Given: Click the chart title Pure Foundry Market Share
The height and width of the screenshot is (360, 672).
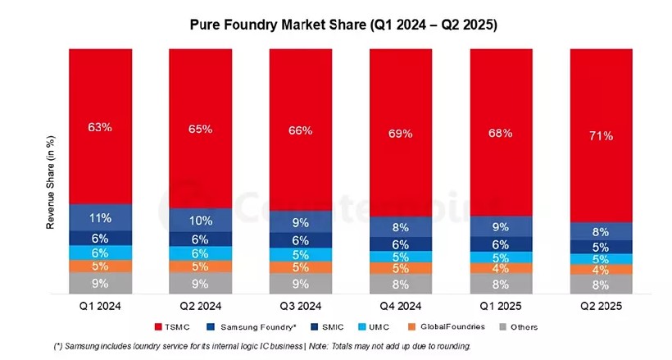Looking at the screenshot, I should tap(343, 25).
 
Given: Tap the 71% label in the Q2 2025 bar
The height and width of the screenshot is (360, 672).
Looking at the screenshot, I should tap(601, 135).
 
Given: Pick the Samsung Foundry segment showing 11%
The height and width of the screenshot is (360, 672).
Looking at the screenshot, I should tap(101, 217).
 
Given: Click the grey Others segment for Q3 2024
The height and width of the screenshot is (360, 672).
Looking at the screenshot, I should tap(301, 284).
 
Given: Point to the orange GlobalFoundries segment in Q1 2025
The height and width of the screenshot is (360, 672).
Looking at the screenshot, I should tap(501, 268).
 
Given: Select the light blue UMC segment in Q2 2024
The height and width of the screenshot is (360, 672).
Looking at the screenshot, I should tap(201, 253).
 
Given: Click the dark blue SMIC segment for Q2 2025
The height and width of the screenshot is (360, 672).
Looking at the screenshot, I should tap(601, 247).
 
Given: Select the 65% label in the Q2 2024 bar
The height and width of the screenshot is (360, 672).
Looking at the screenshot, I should tap(201, 129).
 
